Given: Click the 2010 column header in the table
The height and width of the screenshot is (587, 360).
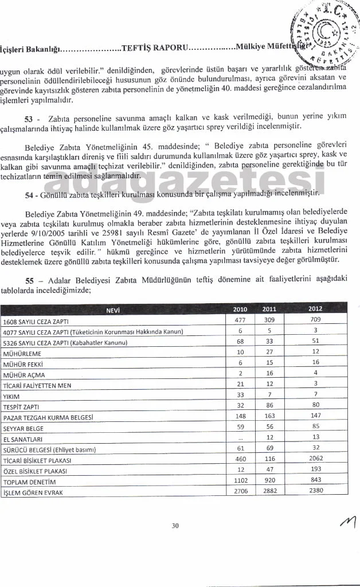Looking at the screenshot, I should pos(241,309).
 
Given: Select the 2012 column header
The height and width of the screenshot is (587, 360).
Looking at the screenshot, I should pos(315,309).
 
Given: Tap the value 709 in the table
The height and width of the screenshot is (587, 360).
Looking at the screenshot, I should pos(315,320).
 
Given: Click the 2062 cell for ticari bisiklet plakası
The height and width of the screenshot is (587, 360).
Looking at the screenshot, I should pos(315,459).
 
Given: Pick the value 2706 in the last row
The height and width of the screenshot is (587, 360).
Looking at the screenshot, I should pos(241,491).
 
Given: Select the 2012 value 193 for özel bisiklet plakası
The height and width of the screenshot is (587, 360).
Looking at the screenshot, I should pos(315,469).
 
